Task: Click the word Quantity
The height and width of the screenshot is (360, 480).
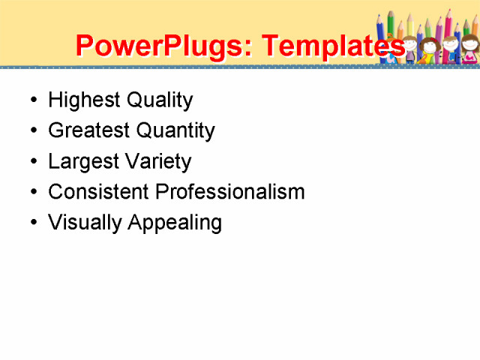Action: point(175,130)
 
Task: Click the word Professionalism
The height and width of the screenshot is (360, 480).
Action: point(229,192)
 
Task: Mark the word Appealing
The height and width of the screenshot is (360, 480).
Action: point(174,223)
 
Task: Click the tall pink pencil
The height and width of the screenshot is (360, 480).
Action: point(448,26)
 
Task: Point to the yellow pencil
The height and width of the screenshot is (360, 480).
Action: point(410,26)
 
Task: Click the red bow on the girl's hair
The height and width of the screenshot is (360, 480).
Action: point(433,40)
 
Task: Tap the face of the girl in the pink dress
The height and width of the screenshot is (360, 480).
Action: point(469,45)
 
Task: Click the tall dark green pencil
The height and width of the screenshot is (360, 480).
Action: point(391,22)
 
